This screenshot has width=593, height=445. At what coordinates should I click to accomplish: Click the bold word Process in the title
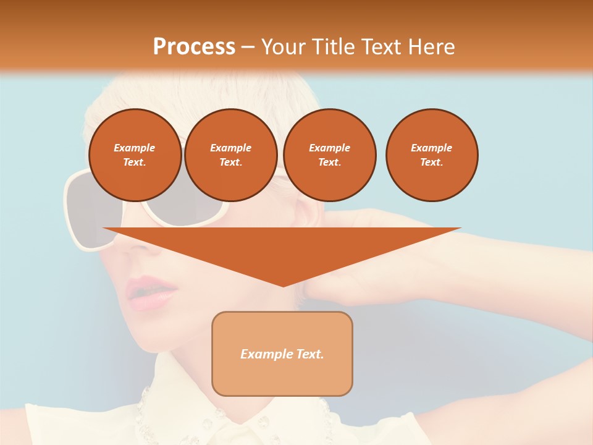pyautogui.click(x=194, y=47)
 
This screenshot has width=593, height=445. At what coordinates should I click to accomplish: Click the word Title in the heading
pyautogui.click(x=333, y=47)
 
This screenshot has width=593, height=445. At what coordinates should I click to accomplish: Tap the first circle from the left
pyautogui.click(x=135, y=155)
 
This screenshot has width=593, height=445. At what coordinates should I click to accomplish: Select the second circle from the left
pyautogui.click(x=230, y=155)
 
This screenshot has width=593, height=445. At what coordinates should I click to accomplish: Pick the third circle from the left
pyautogui.click(x=329, y=155)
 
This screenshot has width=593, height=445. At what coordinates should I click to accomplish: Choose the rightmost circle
pyautogui.click(x=432, y=155)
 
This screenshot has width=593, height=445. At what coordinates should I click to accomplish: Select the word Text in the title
pyautogui.click(x=384, y=47)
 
